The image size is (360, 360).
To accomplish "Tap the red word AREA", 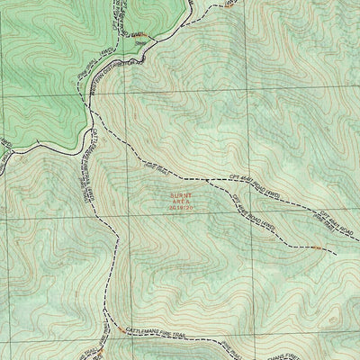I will pos(180,200).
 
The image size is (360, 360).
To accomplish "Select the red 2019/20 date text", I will pos(180,207).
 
